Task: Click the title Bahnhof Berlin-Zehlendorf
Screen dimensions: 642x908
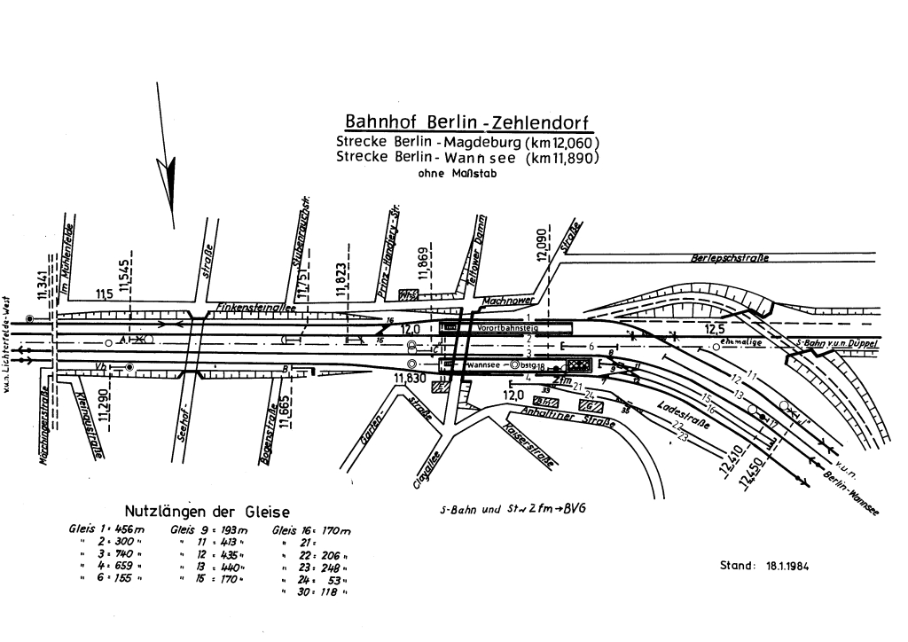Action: pos(466,122)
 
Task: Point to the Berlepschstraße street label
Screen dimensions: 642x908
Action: pos(728,259)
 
